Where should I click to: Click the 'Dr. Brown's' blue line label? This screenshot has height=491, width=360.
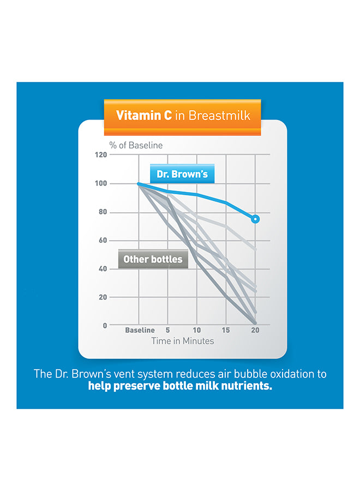[182, 175]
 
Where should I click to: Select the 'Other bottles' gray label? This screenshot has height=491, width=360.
[153, 259]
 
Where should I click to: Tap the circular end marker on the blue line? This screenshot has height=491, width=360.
[255, 219]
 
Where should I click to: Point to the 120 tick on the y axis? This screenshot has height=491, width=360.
[100, 155]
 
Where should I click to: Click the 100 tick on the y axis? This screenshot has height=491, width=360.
[100, 183]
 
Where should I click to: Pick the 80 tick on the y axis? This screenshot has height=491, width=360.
[103, 212]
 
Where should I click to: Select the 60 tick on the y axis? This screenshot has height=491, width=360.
[103, 241]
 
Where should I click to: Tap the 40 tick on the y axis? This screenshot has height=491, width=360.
[103, 269]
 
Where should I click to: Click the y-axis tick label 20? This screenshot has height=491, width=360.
[103, 297]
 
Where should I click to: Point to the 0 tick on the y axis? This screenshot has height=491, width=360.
[105, 326]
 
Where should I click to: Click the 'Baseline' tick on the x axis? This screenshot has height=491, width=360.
[140, 330]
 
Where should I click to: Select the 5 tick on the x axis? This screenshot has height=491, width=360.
[168, 330]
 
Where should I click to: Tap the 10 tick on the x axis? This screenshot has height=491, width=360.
[197, 330]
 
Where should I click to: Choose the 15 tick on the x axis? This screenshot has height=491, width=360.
[226, 330]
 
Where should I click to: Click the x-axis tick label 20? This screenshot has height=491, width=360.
[255, 330]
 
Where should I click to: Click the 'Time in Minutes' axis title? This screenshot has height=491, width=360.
[182, 341]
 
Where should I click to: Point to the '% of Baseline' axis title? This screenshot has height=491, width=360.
[136, 145]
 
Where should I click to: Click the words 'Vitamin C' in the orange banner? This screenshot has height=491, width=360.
[143, 116]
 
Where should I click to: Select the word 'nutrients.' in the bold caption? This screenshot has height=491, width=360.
[245, 387]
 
